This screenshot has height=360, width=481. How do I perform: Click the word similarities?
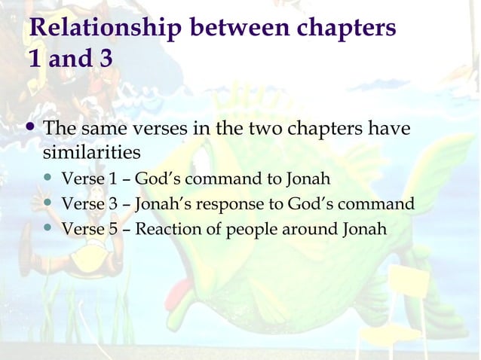click(91, 153)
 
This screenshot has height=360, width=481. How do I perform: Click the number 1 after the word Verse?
click(107, 180)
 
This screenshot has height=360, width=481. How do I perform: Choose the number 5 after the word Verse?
click(107, 228)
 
